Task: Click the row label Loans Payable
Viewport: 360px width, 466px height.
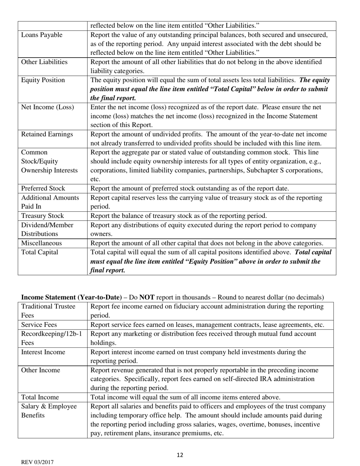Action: tap(42, 35)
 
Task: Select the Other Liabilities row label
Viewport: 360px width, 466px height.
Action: tap(44, 62)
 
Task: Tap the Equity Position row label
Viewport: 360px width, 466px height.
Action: tap(43, 80)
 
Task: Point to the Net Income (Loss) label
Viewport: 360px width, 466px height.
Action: tap(47, 107)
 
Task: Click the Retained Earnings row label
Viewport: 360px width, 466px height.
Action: tap(47, 134)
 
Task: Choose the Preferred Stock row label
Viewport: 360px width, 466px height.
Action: tap(43, 188)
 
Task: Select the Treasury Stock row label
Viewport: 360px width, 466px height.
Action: tap(42, 216)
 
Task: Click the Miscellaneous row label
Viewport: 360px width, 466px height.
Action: tap(41, 243)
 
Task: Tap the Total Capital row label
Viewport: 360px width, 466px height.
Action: tap(39, 252)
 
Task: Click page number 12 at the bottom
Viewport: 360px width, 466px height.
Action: tap(180, 455)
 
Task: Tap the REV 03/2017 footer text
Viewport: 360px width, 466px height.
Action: tap(37, 462)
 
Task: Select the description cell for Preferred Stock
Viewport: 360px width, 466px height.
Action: tap(189, 188)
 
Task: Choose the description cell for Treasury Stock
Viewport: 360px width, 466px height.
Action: tap(178, 216)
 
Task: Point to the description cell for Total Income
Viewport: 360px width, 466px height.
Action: tap(185, 397)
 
